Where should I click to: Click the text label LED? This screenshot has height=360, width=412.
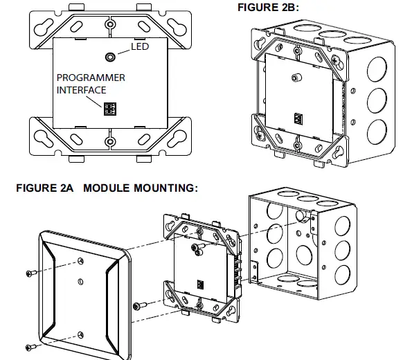141,47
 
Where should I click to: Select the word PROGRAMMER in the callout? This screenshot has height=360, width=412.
91,78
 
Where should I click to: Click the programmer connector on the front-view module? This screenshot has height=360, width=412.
109,109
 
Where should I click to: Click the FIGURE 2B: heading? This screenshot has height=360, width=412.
271,8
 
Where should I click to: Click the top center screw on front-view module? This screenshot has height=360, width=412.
109,24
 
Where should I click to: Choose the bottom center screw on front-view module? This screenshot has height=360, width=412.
109,142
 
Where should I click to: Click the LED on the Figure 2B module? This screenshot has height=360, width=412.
294,78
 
